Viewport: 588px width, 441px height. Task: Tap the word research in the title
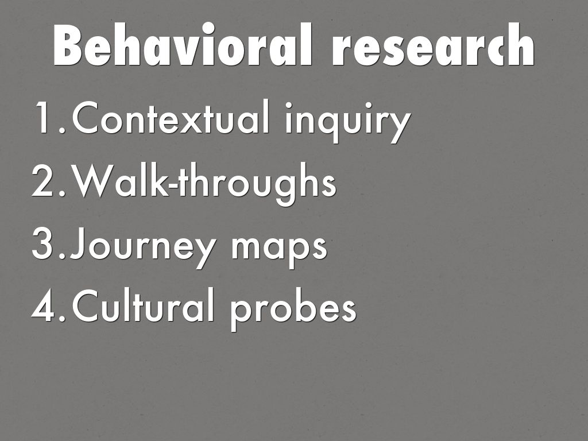tap(433, 44)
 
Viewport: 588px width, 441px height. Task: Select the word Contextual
tap(171, 117)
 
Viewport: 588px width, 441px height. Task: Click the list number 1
tap(47, 117)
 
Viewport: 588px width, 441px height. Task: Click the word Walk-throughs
tap(205, 184)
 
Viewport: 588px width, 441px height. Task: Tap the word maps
tap(279, 249)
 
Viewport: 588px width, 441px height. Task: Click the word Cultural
tap(143, 305)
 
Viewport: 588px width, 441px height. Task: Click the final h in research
tap(521, 44)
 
